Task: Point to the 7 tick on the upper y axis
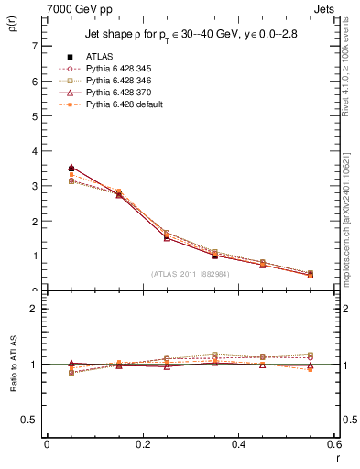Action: click(36, 46)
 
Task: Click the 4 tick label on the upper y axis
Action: click(36, 151)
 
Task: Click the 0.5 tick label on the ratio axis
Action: click(32, 420)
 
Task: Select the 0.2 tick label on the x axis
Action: click(142, 444)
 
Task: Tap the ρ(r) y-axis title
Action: click(12, 27)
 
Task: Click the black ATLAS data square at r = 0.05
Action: click(47, 169)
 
